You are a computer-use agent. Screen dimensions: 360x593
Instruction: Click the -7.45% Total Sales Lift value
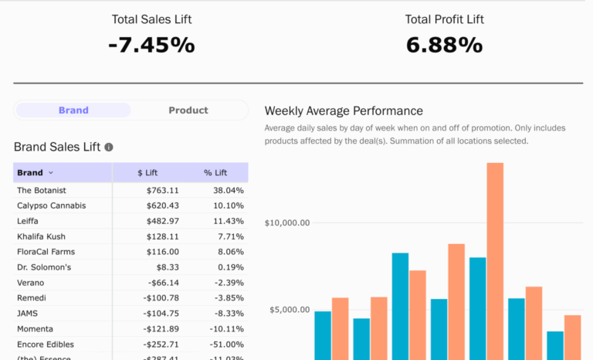click(151, 45)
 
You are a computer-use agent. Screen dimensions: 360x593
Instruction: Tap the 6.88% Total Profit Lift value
click(444, 45)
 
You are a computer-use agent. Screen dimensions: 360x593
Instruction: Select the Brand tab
click(73, 110)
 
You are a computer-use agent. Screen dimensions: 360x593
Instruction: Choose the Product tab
click(188, 110)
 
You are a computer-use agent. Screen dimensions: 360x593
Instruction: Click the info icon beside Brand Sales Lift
click(109, 147)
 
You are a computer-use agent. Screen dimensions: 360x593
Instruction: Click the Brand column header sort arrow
click(51, 173)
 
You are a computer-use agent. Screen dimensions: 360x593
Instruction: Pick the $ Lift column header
click(147, 173)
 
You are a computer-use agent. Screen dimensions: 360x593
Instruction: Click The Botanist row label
click(42, 190)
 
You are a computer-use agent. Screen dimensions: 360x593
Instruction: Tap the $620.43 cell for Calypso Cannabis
click(162, 205)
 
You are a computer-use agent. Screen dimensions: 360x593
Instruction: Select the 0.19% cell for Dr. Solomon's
click(231, 267)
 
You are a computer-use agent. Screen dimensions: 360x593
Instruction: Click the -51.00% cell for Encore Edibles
click(225, 345)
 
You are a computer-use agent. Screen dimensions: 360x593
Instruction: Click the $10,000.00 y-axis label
click(286, 223)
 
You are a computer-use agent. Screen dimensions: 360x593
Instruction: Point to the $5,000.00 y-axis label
click(289, 311)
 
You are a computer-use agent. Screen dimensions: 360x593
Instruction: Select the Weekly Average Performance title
click(344, 111)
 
